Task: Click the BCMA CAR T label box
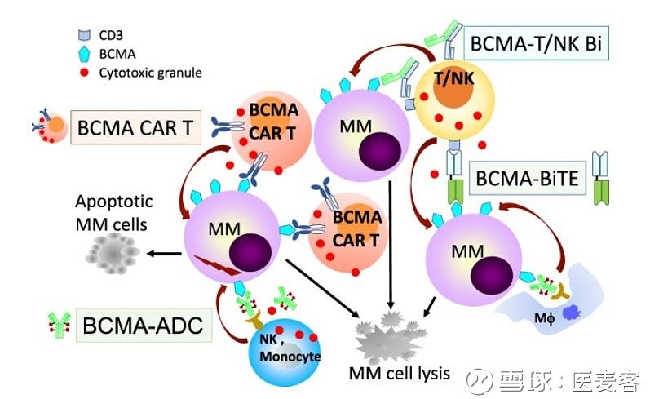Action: click(x=135, y=127)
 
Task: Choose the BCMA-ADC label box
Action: click(x=143, y=326)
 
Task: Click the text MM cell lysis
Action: click(x=400, y=374)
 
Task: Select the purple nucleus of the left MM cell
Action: click(x=250, y=252)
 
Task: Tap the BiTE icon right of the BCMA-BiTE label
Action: click(x=601, y=177)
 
